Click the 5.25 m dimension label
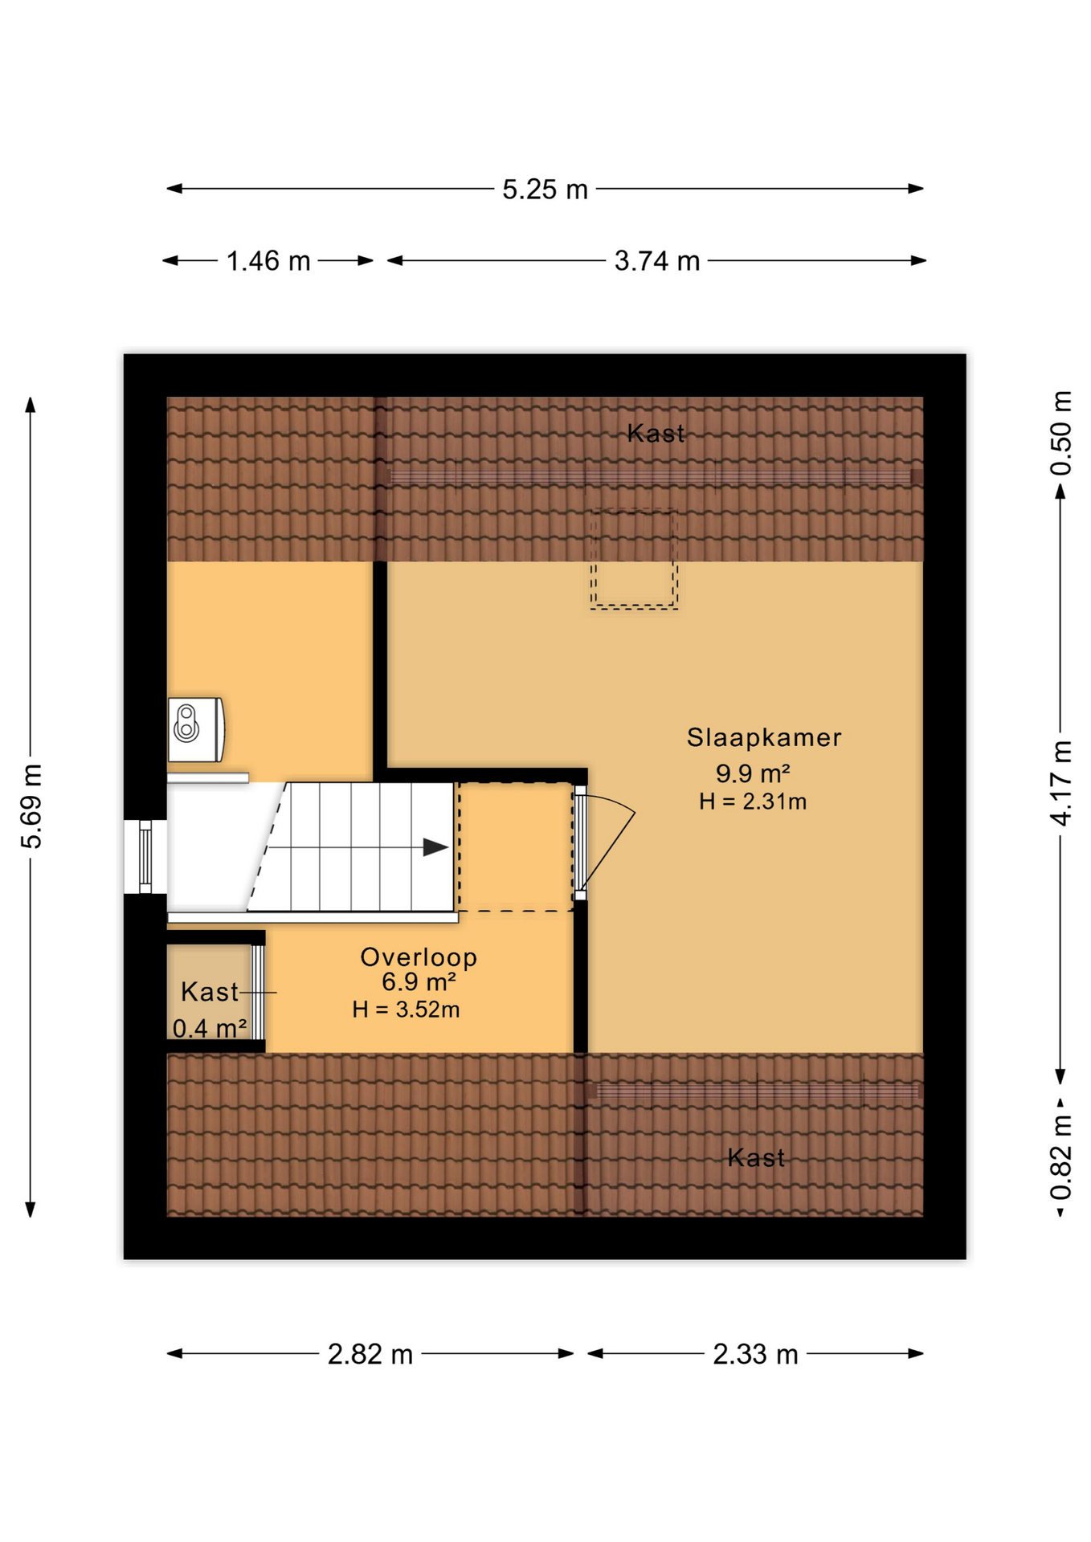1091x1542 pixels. (x=545, y=190)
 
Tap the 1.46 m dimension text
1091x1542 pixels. (x=268, y=261)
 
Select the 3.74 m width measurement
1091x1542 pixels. (x=657, y=261)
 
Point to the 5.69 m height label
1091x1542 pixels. (x=31, y=806)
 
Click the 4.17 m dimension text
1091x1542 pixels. (x=1061, y=783)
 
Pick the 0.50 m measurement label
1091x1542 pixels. (x=1061, y=433)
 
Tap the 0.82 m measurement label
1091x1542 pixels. (x=1061, y=1157)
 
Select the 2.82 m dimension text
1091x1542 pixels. (x=370, y=1354)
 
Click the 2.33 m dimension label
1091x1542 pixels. (x=755, y=1354)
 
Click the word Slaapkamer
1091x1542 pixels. (x=764, y=737)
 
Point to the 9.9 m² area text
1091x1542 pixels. (x=753, y=773)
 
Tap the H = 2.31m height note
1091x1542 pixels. (x=753, y=802)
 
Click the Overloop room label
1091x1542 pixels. (x=419, y=957)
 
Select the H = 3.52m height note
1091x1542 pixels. (x=406, y=1010)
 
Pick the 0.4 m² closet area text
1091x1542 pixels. (x=210, y=1028)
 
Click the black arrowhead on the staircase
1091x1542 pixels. (x=435, y=846)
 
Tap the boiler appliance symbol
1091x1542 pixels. (x=196, y=729)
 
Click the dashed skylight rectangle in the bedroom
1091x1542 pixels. (x=634, y=559)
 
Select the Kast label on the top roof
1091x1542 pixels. (x=656, y=434)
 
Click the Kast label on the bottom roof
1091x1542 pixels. (x=756, y=1157)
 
